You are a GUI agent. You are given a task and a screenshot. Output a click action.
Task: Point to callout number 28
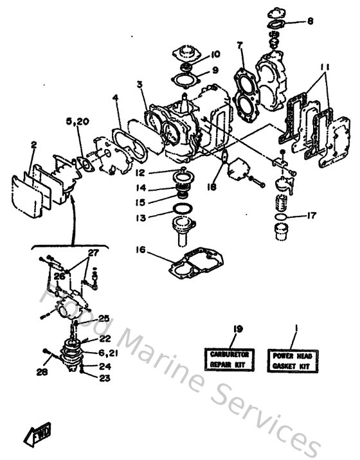[x=44, y=371]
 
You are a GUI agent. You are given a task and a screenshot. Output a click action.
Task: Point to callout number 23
[x=104, y=378]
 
